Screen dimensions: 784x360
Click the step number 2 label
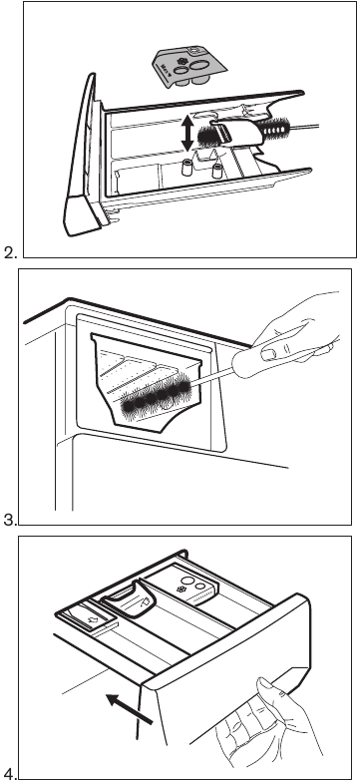(x=9, y=253)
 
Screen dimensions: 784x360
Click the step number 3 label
(x=9, y=519)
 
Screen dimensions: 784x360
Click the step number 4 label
(x=9, y=774)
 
